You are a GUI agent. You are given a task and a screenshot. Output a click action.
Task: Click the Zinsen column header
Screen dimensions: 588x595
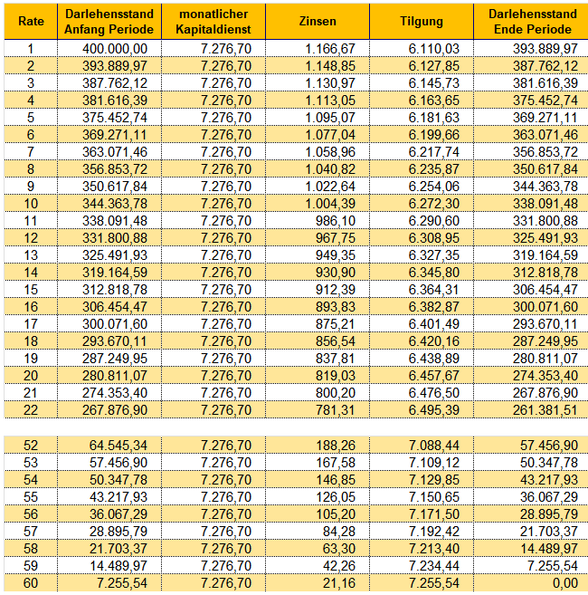point(318,21)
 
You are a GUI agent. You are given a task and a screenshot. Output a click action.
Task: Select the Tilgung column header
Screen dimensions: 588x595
point(422,21)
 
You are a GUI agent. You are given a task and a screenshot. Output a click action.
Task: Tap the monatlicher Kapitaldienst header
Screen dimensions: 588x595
point(213,22)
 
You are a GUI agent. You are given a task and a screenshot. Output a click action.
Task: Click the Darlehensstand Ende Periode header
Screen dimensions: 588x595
point(532,22)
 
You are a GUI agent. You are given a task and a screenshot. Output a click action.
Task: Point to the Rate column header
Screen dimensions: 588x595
point(31,21)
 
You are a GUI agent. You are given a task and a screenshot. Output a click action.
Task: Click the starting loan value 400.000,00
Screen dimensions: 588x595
point(115,49)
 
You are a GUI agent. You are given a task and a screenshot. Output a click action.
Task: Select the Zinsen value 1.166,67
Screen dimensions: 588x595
point(330,49)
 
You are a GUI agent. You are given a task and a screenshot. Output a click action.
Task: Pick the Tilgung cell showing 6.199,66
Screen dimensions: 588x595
point(433,135)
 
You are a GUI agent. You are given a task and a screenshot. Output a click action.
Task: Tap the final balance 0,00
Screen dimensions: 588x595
point(564,583)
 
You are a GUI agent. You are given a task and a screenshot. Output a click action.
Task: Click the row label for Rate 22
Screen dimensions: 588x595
point(31,410)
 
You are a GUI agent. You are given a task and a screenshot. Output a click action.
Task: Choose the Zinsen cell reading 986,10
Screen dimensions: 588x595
point(336,221)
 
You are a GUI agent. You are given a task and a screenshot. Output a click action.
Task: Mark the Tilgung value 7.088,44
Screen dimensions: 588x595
point(433,445)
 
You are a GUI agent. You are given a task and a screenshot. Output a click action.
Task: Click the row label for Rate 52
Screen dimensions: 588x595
point(31,445)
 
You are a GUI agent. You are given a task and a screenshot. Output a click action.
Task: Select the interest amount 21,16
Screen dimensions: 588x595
point(339,583)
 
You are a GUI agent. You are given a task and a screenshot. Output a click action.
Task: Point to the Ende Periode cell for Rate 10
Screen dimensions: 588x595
point(545,204)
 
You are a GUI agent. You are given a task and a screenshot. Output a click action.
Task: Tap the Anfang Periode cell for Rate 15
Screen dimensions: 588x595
point(115,290)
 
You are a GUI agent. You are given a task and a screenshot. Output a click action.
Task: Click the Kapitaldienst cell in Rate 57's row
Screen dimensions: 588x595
point(226,532)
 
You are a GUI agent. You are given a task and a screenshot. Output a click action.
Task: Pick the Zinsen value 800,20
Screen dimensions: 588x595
point(336,393)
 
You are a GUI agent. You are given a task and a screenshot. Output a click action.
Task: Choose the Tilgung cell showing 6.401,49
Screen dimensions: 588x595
point(433,324)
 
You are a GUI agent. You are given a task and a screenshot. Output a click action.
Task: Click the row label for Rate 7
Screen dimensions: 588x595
point(31,152)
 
